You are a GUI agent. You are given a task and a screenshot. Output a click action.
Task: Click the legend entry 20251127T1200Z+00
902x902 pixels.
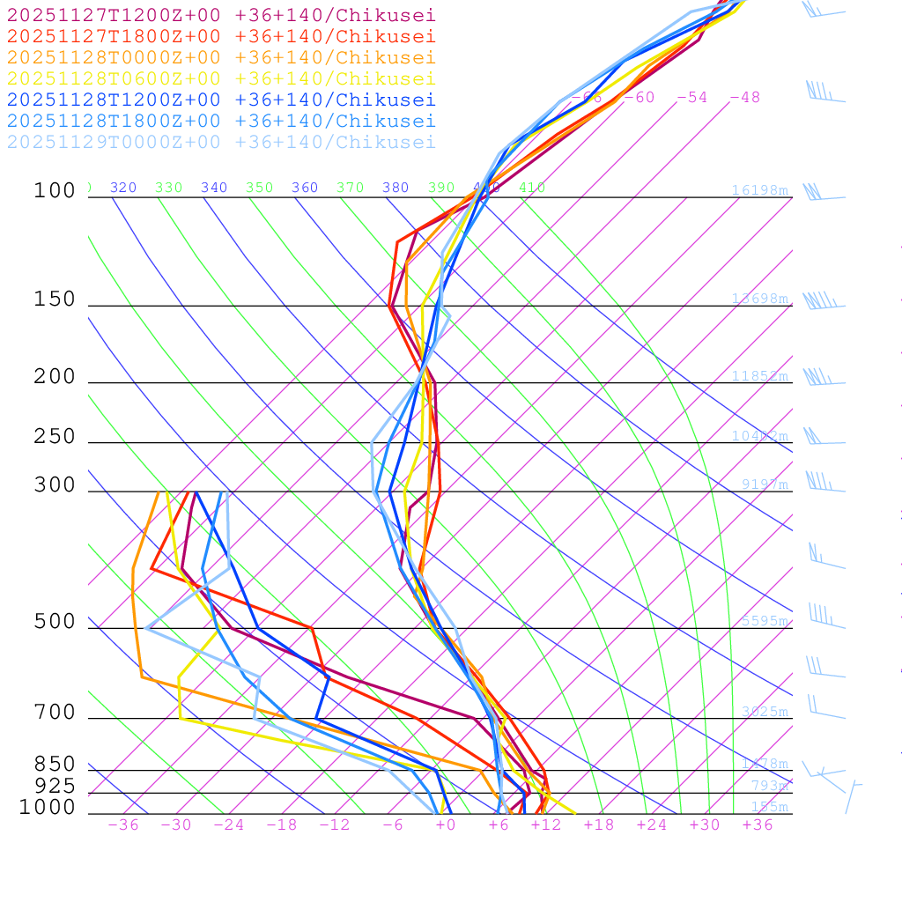(221, 15)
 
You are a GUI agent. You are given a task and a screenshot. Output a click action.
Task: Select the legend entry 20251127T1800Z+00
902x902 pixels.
(221, 36)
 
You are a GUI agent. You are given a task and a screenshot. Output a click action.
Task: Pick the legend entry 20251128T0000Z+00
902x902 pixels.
(221, 57)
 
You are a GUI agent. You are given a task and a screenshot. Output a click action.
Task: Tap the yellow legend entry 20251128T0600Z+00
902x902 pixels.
(221, 78)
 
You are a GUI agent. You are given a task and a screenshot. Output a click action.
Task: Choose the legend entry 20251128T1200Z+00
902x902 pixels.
(221, 100)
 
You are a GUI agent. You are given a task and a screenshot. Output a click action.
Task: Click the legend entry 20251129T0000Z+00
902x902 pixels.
(221, 142)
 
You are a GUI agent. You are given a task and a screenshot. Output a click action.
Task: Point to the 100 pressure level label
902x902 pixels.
(55, 190)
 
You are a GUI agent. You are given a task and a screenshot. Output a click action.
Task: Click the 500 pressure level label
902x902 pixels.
(55, 622)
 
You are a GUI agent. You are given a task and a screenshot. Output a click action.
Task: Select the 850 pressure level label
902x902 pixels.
(55, 764)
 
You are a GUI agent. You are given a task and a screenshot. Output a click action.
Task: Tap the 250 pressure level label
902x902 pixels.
(55, 437)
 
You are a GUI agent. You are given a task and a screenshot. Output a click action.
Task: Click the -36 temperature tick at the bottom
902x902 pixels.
(122, 825)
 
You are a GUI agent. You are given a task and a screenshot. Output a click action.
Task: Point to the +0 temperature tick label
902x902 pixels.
(445, 825)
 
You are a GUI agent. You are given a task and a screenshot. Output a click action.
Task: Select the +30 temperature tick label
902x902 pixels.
(704, 825)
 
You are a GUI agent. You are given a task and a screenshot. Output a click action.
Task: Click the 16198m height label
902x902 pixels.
(760, 190)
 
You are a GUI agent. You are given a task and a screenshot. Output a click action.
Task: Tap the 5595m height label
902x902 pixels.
(764, 621)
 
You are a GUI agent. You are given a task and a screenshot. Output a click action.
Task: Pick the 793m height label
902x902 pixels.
(769, 786)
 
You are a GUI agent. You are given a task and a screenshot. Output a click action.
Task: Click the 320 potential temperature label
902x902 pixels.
(123, 188)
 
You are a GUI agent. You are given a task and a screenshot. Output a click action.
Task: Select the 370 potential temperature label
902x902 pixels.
(350, 188)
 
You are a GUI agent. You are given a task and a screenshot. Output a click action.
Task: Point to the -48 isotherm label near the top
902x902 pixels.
(744, 98)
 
